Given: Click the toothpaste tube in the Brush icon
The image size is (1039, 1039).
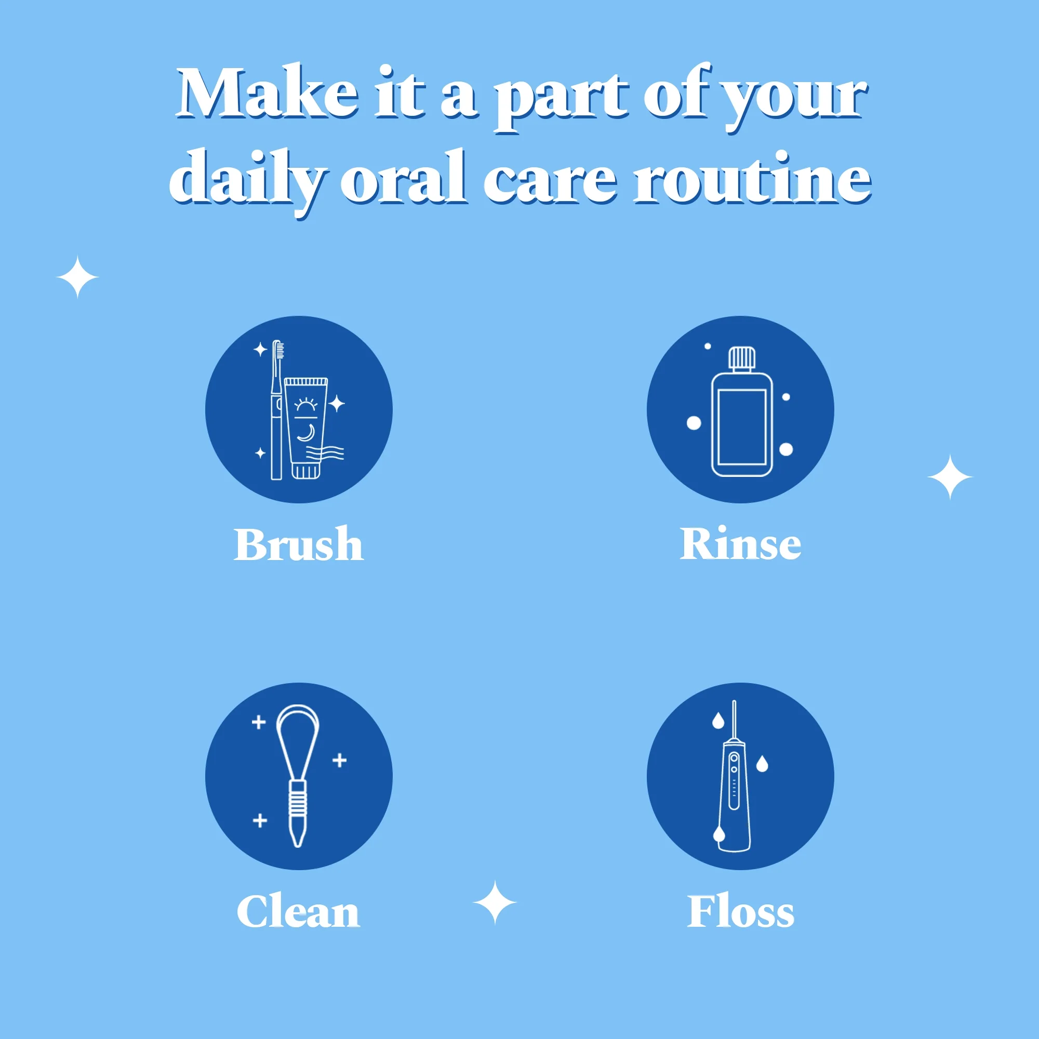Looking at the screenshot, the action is pyautogui.click(x=306, y=428).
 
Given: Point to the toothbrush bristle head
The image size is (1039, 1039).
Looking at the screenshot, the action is pyautogui.click(x=279, y=350).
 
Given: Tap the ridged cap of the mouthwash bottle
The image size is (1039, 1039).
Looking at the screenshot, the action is pyautogui.click(x=742, y=358).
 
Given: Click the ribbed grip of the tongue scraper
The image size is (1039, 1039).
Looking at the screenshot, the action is pyautogui.click(x=298, y=798).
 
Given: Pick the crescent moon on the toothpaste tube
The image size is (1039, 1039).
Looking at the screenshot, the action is pyautogui.click(x=307, y=432).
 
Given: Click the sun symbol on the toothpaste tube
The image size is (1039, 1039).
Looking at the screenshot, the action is pyautogui.click(x=305, y=404).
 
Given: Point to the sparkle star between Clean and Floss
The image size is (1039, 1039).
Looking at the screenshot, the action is pyautogui.click(x=495, y=902).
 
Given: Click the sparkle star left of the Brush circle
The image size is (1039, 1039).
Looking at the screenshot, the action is pyautogui.click(x=77, y=277).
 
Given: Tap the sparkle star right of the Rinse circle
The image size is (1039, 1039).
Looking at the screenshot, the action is pyautogui.click(x=950, y=477).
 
